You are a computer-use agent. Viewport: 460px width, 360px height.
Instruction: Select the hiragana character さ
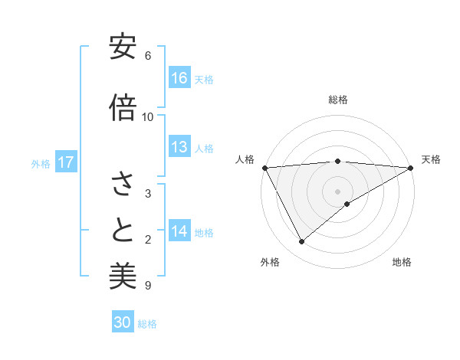[x=123, y=184]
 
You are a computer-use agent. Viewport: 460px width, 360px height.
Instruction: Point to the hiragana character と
[x=123, y=230]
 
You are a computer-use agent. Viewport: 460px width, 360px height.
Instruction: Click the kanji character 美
[x=123, y=275]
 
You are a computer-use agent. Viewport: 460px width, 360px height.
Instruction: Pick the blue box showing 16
[x=179, y=77]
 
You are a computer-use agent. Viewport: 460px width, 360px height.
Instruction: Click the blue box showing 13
[x=179, y=147]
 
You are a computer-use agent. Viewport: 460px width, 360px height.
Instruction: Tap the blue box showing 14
[x=179, y=231]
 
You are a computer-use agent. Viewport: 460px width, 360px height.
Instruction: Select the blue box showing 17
[x=66, y=162]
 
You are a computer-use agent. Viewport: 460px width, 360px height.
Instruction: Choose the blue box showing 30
[x=123, y=322]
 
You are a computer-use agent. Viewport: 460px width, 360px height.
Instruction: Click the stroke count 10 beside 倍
[x=148, y=116]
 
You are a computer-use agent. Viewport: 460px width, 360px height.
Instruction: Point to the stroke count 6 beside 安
[x=148, y=56]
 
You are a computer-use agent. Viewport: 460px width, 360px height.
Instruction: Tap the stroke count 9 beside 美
[x=148, y=286]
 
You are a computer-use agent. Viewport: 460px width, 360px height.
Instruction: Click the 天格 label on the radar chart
[x=431, y=159]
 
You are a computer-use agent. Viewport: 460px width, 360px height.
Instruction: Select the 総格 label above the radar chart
[x=338, y=100]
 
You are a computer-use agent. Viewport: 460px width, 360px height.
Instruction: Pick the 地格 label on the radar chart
[x=402, y=262]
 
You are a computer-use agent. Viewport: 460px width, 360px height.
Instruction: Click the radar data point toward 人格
[x=264, y=168]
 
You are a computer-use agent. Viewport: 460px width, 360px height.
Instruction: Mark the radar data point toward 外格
[x=301, y=242]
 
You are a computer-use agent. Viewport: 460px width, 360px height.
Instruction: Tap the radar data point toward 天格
[x=411, y=168]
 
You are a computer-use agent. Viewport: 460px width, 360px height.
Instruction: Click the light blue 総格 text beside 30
[x=147, y=324]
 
